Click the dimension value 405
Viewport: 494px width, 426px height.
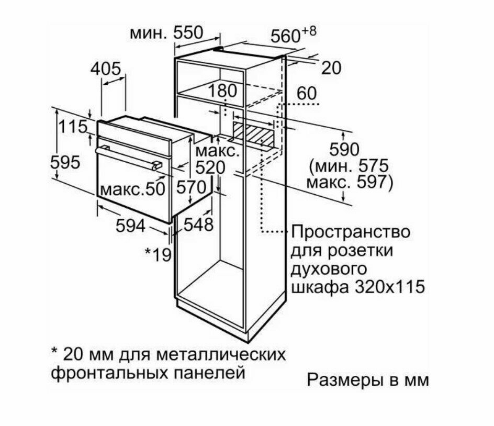106,68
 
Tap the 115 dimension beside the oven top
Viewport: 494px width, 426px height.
72,127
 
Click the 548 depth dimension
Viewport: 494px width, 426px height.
198,225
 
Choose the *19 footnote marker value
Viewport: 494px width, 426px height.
159,255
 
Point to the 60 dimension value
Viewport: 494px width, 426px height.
307,93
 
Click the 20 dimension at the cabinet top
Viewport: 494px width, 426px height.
330,68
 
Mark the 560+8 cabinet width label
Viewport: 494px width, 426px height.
294,35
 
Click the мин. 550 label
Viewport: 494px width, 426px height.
166,33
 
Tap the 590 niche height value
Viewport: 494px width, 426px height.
344,149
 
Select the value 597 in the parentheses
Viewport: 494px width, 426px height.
373,183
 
